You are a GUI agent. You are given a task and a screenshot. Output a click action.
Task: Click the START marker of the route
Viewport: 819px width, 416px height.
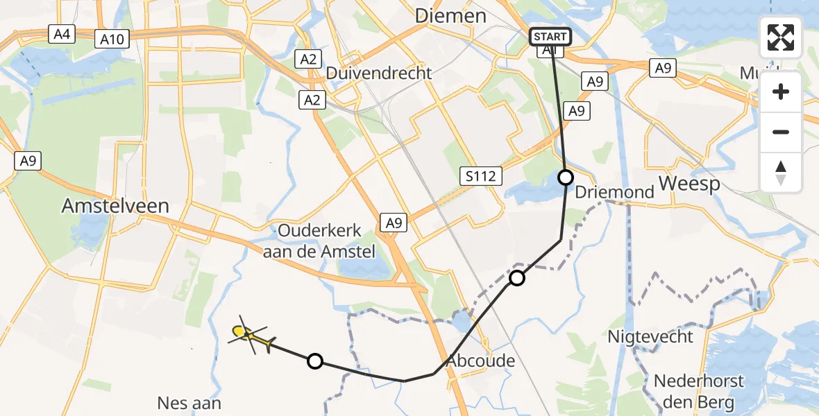[550, 37]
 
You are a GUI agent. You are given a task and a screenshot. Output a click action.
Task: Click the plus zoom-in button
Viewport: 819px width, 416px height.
[781, 92]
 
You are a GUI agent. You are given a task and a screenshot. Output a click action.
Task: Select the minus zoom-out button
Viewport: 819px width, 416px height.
[781, 132]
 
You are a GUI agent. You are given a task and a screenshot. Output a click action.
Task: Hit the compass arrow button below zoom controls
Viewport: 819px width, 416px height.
[781, 172]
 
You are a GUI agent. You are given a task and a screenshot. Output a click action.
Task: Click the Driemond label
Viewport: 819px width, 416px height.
[615, 192]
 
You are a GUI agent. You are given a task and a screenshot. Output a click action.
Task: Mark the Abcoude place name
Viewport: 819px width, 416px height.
[481, 361]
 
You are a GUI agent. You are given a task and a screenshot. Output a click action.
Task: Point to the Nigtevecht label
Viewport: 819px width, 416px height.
[650, 337]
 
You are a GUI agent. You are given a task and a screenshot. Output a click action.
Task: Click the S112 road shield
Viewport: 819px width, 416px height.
[481, 176]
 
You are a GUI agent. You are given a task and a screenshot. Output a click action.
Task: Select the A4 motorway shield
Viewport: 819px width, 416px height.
[62, 33]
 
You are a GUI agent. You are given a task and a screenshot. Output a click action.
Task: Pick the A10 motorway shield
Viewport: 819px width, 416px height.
[111, 40]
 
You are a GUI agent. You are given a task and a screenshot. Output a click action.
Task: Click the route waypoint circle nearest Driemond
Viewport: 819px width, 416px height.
[566, 177]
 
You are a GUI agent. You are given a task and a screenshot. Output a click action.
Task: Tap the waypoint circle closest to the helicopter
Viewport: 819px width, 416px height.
[315, 361]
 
